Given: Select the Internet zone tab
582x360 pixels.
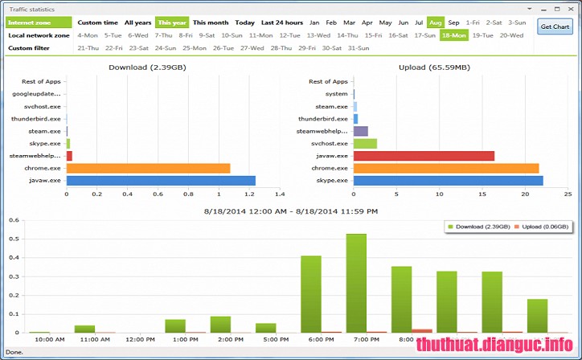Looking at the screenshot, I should click(27, 22).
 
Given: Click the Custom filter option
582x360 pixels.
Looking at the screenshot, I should click(26, 48).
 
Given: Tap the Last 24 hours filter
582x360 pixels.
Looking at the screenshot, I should click(281, 22).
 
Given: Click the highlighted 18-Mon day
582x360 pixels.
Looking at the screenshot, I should click(454, 35).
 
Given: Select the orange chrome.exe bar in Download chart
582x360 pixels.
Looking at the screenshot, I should click(148, 168).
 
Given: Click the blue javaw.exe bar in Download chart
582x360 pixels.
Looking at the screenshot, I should click(161, 180).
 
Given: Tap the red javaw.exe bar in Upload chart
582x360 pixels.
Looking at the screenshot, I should click(424, 156).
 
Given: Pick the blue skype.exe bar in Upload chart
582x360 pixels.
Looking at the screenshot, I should click(448, 180).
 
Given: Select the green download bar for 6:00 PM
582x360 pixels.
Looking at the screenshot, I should click(311, 294).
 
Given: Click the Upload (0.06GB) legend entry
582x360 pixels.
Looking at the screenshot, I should click(538, 227).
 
